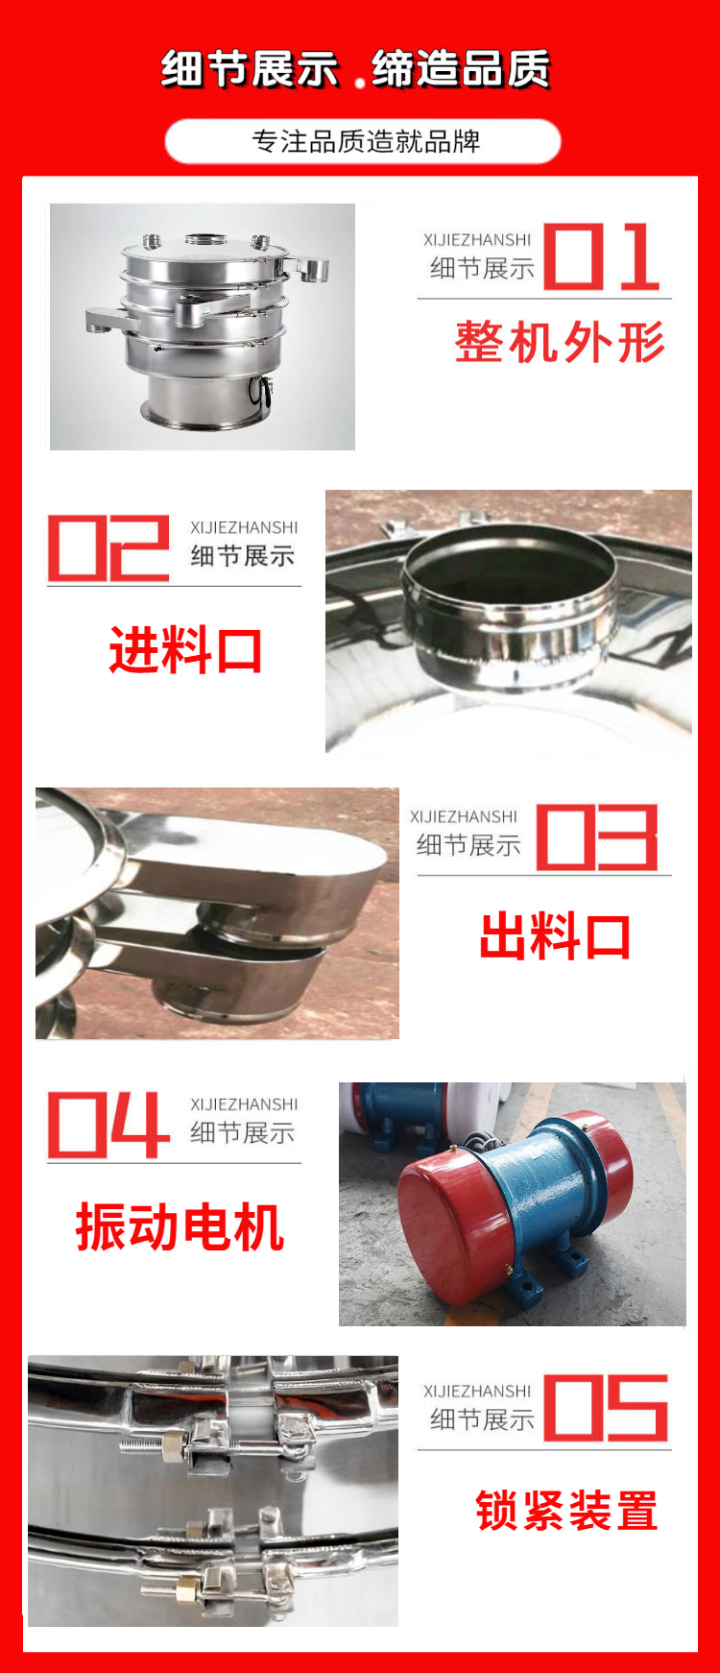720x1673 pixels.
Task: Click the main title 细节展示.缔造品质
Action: (x=355, y=68)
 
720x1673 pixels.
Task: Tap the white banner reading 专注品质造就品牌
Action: (x=363, y=141)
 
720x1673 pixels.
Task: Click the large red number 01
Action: (x=602, y=256)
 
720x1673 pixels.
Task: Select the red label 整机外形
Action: (x=560, y=342)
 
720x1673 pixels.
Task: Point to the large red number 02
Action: (x=108, y=547)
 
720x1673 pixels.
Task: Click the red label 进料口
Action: (x=185, y=650)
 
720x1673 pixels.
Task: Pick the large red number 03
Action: (x=597, y=837)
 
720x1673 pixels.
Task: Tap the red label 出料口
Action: (x=555, y=936)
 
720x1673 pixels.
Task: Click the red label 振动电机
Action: (x=180, y=1226)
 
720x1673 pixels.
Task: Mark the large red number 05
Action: (x=606, y=1408)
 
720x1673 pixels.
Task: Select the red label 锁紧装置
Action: (x=566, y=1511)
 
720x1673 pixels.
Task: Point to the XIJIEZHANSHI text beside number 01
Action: (x=477, y=239)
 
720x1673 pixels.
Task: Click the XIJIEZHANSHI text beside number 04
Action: (x=244, y=1104)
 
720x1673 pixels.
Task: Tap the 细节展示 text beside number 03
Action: (x=468, y=845)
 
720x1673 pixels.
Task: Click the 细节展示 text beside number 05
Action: (x=482, y=1419)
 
